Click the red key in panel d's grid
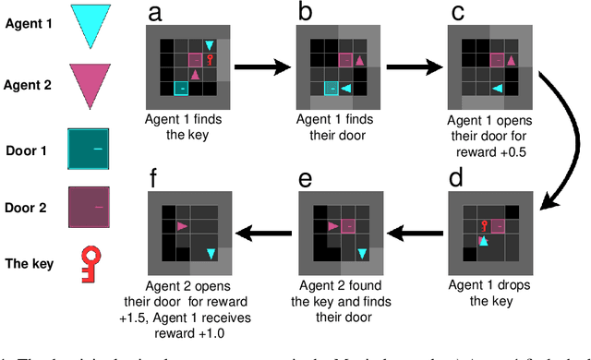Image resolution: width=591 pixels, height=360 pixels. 482,224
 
